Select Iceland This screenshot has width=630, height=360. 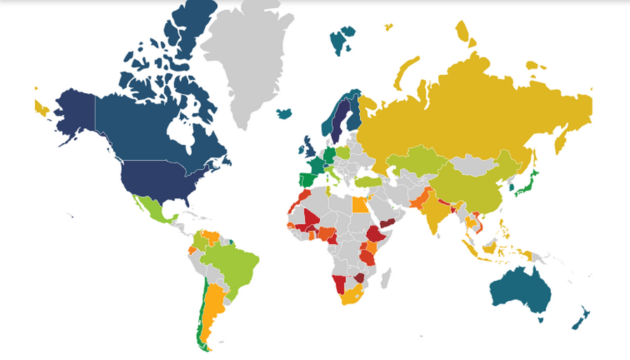pyautogui.click(x=284, y=113)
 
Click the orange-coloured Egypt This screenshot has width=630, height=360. pyautogui.click(x=358, y=205)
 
